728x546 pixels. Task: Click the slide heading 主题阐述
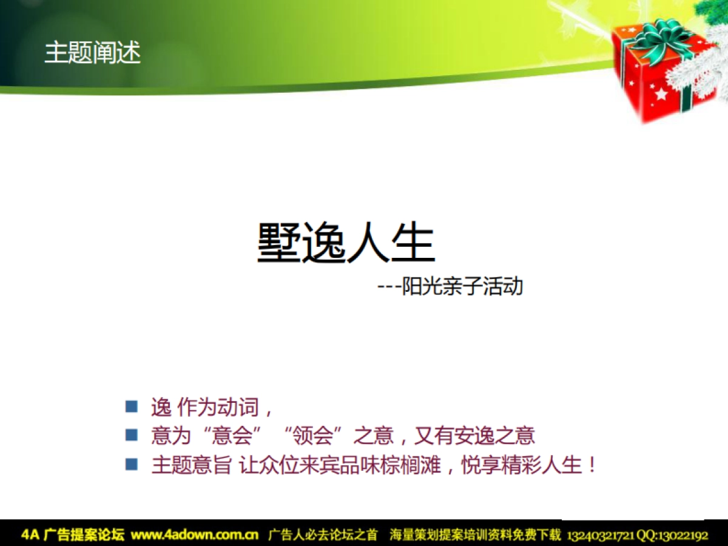pyautogui.click(x=92, y=53)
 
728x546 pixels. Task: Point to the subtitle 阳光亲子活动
pyautogui.click(x=463, y=286)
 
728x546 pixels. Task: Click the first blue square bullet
pyautogui.click(x=132, y=406)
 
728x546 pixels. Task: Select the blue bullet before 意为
pyautogui.click(x=132, y=434)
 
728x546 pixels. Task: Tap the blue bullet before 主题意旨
pyautogui.click(x=132, y=464)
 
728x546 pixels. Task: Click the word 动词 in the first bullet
pyautogui.click(x=241, y=407)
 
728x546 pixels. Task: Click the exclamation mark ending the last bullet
pyautogui.click(x=593, y=465)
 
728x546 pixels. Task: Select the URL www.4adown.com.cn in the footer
pyautogui.click(x=195, y=535)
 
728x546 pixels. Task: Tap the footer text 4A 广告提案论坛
pyautogui.click(x=73, y=535)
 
